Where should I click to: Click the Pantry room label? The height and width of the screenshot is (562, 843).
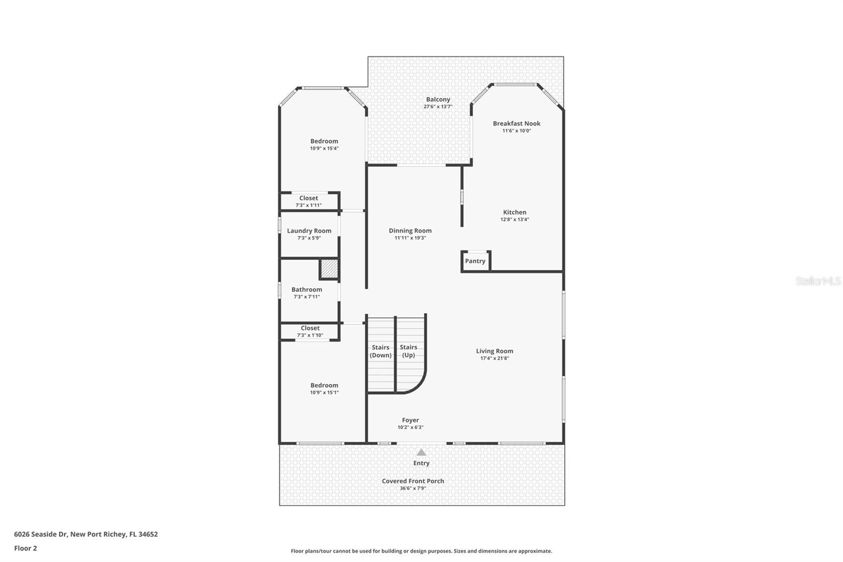click(475, 261)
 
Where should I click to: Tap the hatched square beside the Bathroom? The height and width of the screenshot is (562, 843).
click(329, 269)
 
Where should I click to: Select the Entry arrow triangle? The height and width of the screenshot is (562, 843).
click(421, 452)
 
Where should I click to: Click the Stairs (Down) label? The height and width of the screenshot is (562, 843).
click(380, 351)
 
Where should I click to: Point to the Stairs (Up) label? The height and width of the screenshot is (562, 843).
click(408, 351)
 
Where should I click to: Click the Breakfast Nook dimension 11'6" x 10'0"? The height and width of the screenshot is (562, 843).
click(516, 131)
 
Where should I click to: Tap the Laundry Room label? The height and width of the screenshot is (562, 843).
click(309, 230)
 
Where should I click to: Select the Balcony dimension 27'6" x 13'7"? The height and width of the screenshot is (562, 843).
click(438, 106)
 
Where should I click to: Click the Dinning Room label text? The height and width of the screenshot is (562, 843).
click(410, 230)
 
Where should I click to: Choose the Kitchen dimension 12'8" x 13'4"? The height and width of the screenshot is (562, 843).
click(514, 219)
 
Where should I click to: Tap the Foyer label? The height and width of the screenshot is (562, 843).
click(410, 420)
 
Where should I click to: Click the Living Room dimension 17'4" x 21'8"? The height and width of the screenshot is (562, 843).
click(494, 358)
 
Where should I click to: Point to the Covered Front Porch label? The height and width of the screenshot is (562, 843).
click(413, 481)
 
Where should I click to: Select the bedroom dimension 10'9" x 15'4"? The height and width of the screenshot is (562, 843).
click(324, 149)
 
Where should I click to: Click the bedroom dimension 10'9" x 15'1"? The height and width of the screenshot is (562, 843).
click(324, 393)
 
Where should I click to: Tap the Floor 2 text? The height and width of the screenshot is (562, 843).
click(25, 548)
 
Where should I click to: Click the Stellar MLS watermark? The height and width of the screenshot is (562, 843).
click(818, 281)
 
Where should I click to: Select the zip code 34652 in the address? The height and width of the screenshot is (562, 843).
click(148, 534)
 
